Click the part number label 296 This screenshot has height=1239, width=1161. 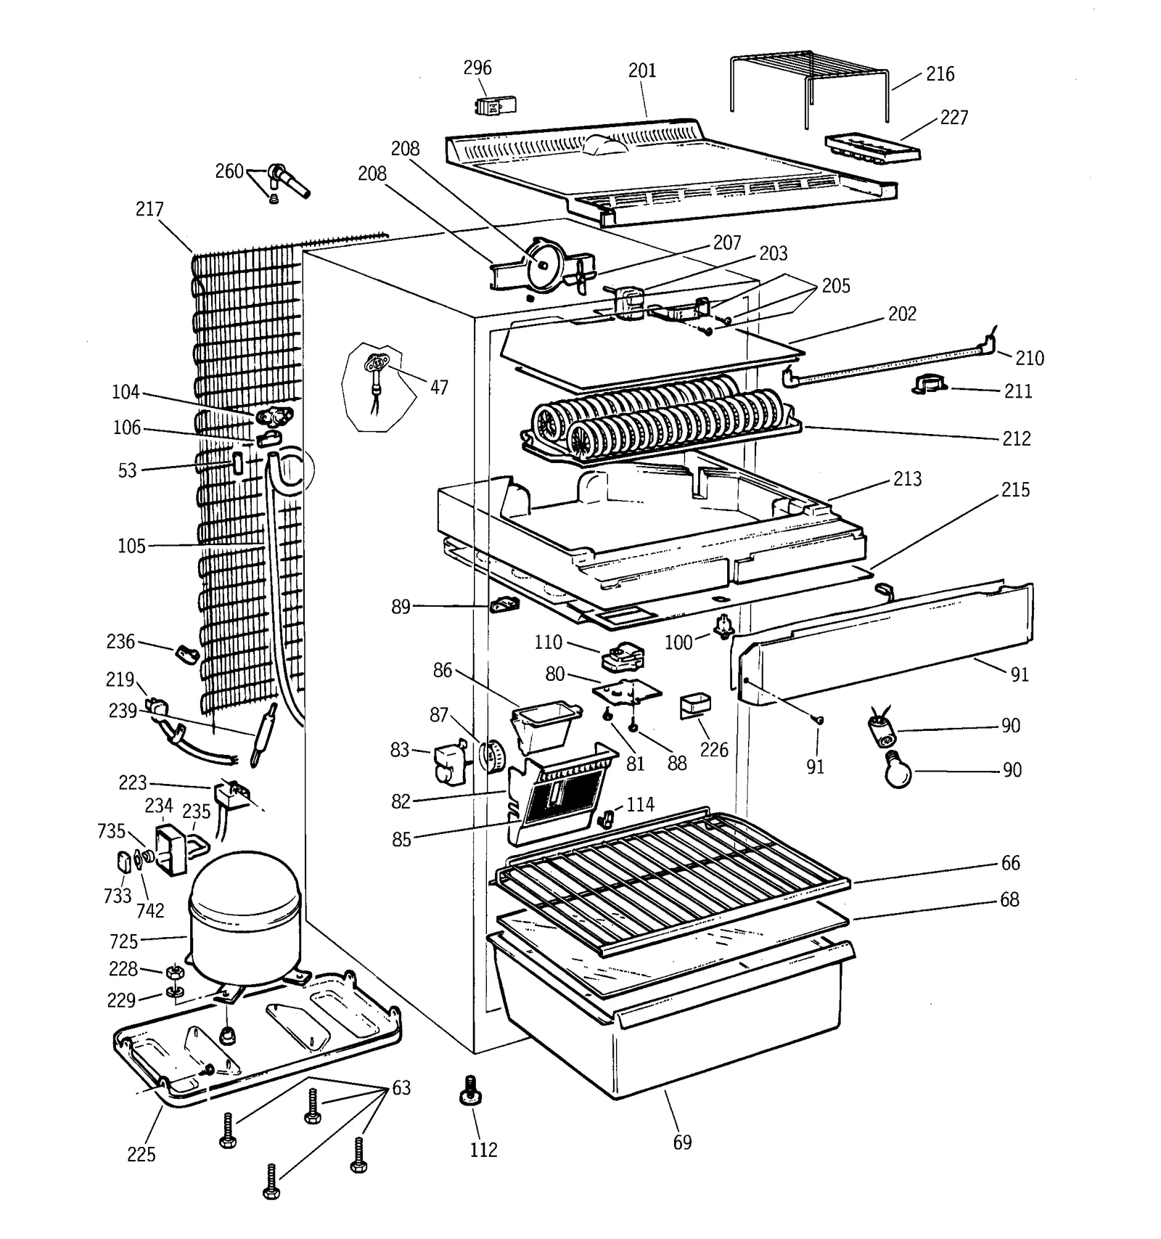(477, 68)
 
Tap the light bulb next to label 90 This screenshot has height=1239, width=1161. (898, 771)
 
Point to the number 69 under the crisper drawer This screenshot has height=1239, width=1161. (682, 1142)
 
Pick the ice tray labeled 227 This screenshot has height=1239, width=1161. (871, 147)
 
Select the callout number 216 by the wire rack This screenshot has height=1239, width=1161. (940, 74)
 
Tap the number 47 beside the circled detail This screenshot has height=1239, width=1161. (439, 388)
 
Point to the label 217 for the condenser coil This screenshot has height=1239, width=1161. (149, 209)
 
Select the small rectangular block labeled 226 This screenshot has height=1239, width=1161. (694, 706)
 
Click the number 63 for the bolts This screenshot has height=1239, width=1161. (401, 1088)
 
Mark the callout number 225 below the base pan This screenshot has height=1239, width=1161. (141, 1154)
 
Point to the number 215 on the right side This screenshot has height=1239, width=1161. (1014, 490)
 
